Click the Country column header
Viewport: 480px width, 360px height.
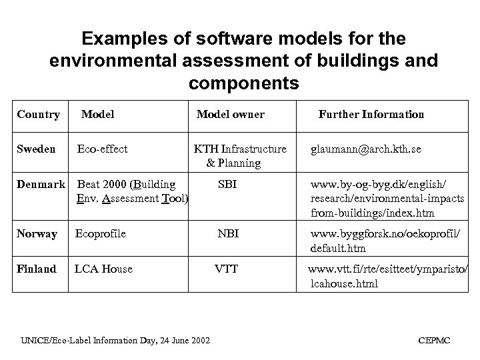[x=38, y=114]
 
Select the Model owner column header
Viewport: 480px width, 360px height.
[x=230, y=114]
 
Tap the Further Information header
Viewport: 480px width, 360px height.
[x=371, y=114]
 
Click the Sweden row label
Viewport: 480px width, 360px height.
[x=36, y=149]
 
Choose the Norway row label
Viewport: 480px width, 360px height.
[x=37, y=234]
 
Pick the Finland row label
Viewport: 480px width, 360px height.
[x=37, y=269]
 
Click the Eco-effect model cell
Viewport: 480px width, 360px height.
[x=103, y=149]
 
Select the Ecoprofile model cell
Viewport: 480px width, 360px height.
[x=101, y=234]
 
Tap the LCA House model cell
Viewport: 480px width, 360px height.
[x=103, y=269]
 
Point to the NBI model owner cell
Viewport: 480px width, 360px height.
[x=227, y=234]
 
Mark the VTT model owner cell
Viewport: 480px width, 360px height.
[x=226, y=269]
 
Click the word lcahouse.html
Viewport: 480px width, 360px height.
[x=344, y=283]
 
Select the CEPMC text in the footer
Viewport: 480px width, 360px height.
[x=434, y=340]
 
